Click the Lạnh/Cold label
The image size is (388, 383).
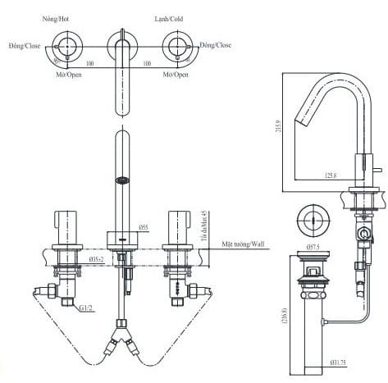pos(171,17)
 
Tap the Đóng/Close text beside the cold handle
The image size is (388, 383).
pos(216,46)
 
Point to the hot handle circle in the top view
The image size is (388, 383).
pos(66,46)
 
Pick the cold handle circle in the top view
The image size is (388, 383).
pos(176,46)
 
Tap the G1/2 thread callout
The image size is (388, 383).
pos(85,307)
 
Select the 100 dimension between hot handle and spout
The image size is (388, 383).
pos(89,62)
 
